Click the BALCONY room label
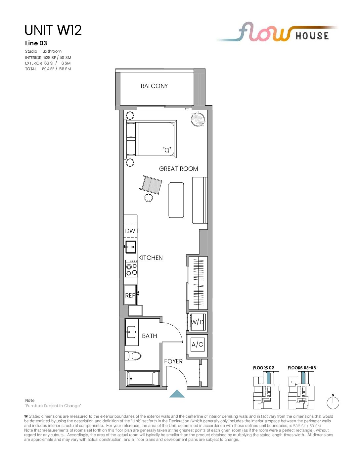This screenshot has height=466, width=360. click(x=154, y=86)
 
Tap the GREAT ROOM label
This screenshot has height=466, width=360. click(x=178, y=169)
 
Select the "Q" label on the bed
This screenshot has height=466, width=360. click(x=167, y=150)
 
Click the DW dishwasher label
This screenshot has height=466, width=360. click(x=130, y=231)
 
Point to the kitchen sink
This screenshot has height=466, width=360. click(x=131, y=247)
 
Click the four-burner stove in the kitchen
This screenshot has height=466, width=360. click(x=131, y=268)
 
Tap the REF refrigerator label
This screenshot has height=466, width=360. click(x=130, y=296)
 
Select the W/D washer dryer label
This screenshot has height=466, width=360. click(x=197, y=322)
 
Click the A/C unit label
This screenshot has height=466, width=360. click(x=197, y=345)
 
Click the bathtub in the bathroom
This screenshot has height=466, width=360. click(x=143, y=379)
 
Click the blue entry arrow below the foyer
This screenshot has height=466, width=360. click(x=177, y=394)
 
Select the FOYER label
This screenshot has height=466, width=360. click(x=173, y=361)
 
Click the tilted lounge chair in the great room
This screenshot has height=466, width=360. click(x=151, y=185)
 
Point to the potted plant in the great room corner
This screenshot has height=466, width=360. click(x=198, y=119)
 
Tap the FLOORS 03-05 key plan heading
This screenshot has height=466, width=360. click(x=302, y=368)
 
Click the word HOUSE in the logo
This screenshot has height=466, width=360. click(x=312, y=36)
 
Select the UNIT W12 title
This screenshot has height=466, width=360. click(x=53, y=30)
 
